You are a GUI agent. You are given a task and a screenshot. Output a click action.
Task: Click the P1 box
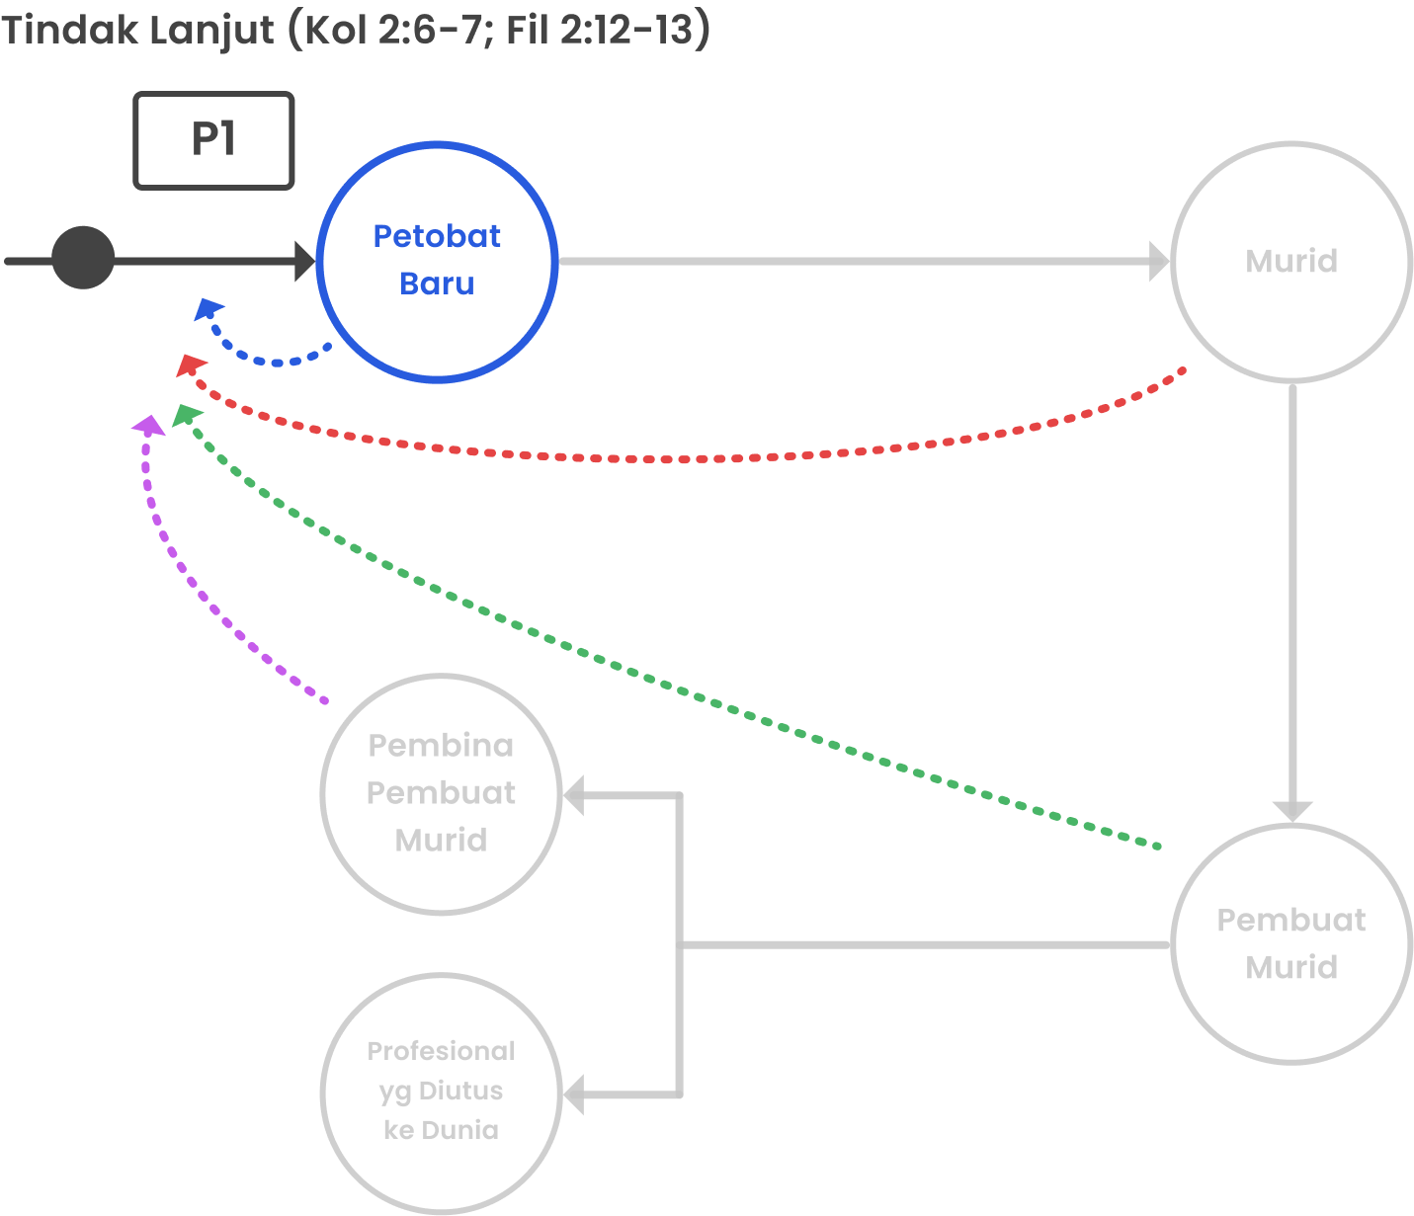[x=213, y=140]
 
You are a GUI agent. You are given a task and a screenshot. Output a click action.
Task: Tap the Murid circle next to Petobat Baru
[x=1291, y=261]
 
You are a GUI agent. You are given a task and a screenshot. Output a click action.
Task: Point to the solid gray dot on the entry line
[x=83, y=258]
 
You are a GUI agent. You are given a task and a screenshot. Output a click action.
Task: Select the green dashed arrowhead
[x=186, y=415]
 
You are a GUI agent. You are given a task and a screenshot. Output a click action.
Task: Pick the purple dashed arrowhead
[x=149, y=426]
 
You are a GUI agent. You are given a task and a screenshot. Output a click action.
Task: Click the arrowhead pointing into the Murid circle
[x=1160, y=262]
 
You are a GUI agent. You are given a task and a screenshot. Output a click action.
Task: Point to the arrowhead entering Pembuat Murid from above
[x=1291, y=811]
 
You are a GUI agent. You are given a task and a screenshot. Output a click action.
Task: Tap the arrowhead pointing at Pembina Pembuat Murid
[x=574, y=795]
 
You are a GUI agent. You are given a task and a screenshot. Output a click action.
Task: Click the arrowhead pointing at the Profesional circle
[x=574, y=1094]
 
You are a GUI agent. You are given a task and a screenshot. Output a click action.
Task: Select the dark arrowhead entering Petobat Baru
[x=304, y=262]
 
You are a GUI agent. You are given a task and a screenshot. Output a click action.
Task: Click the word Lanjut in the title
[x=211, y=30]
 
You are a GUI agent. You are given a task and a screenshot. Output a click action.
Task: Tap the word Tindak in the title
[x=68, y=30]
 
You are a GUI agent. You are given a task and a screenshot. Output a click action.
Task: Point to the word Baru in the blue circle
[x=437, y=284]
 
